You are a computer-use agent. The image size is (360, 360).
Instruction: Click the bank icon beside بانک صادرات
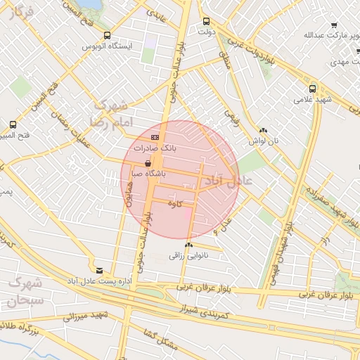coord(155,137)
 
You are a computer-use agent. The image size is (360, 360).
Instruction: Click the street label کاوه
coord(185,203)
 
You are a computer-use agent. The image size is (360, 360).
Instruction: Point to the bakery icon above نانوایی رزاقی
coord(187,245)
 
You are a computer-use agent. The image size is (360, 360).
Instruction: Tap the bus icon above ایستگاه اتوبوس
coord(107,35)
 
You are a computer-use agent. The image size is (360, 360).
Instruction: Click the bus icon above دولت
coord(205,22)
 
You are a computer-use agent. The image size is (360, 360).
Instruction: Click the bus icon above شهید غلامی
coord(312,89)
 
